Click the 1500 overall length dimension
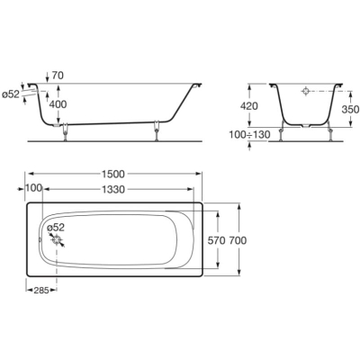coord(112,174)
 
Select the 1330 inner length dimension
coord(112,190)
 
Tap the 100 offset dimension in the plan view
coord(33,188)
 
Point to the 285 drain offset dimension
coord(41,290)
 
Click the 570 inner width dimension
coord(216,240)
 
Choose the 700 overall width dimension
coord(238,240)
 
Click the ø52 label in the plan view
coord(56,227)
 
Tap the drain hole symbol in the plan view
coord(57,240)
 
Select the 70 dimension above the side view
coord(58,76)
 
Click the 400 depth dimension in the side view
coord(58,104)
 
